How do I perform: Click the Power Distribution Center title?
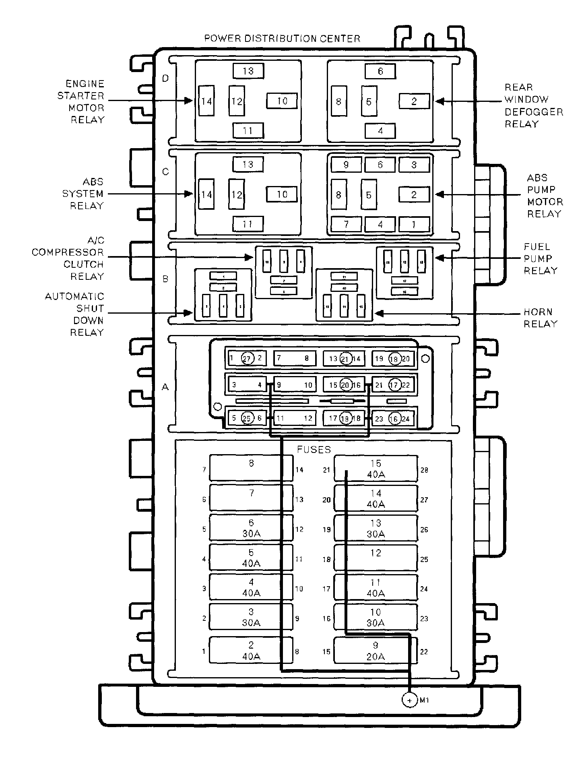tap(282, 39)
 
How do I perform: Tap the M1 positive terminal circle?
tap(409, 700)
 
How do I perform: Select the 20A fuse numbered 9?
tap(376, 651)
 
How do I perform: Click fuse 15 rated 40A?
tap(376, 469)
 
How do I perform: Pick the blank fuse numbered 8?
tap(251, 468)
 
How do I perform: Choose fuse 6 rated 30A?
tap(251, 528)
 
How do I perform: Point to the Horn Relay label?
tap(540, 318)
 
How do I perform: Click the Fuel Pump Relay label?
tap(540, 258)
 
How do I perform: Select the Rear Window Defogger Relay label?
tap(533, 105)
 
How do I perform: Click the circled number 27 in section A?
tap(248, 358)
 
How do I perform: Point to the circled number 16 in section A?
tap(394, 419)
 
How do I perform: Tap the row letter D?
tap(165, 79)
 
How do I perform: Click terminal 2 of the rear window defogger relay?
tap(414, 101)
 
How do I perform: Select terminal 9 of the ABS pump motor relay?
tap(346, 165)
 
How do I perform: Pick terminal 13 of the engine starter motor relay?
tap(248, 71)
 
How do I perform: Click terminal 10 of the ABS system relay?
tap(282, 195)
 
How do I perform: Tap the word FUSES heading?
tap(314, 449)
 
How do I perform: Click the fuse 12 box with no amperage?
tap(376, 558)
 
